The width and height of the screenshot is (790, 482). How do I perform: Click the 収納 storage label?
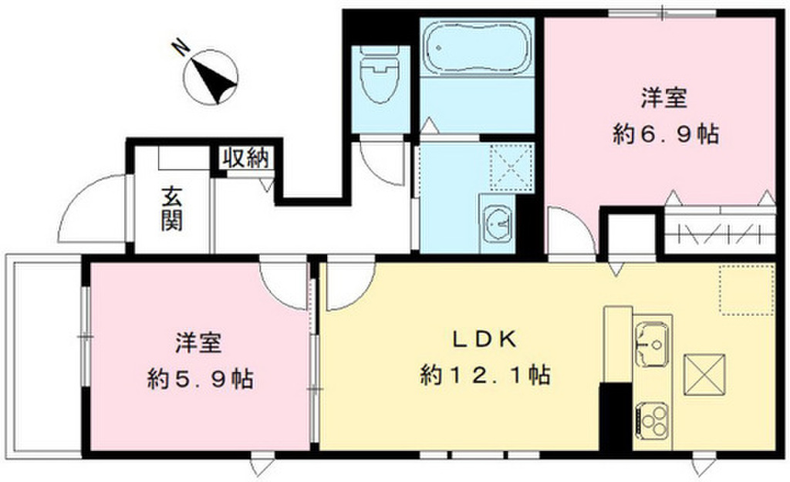(247, 158)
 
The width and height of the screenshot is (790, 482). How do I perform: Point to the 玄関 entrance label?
(172, 209)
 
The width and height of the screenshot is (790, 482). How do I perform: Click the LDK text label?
(484, 340)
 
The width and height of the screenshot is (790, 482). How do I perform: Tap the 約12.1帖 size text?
(484, 375)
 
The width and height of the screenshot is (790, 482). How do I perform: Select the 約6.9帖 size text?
(666, 134)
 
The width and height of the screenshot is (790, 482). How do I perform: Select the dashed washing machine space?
(511, 167)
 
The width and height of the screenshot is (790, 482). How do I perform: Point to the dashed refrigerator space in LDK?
(747, 291)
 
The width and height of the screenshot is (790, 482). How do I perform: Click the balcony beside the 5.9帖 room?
(43, 356)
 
